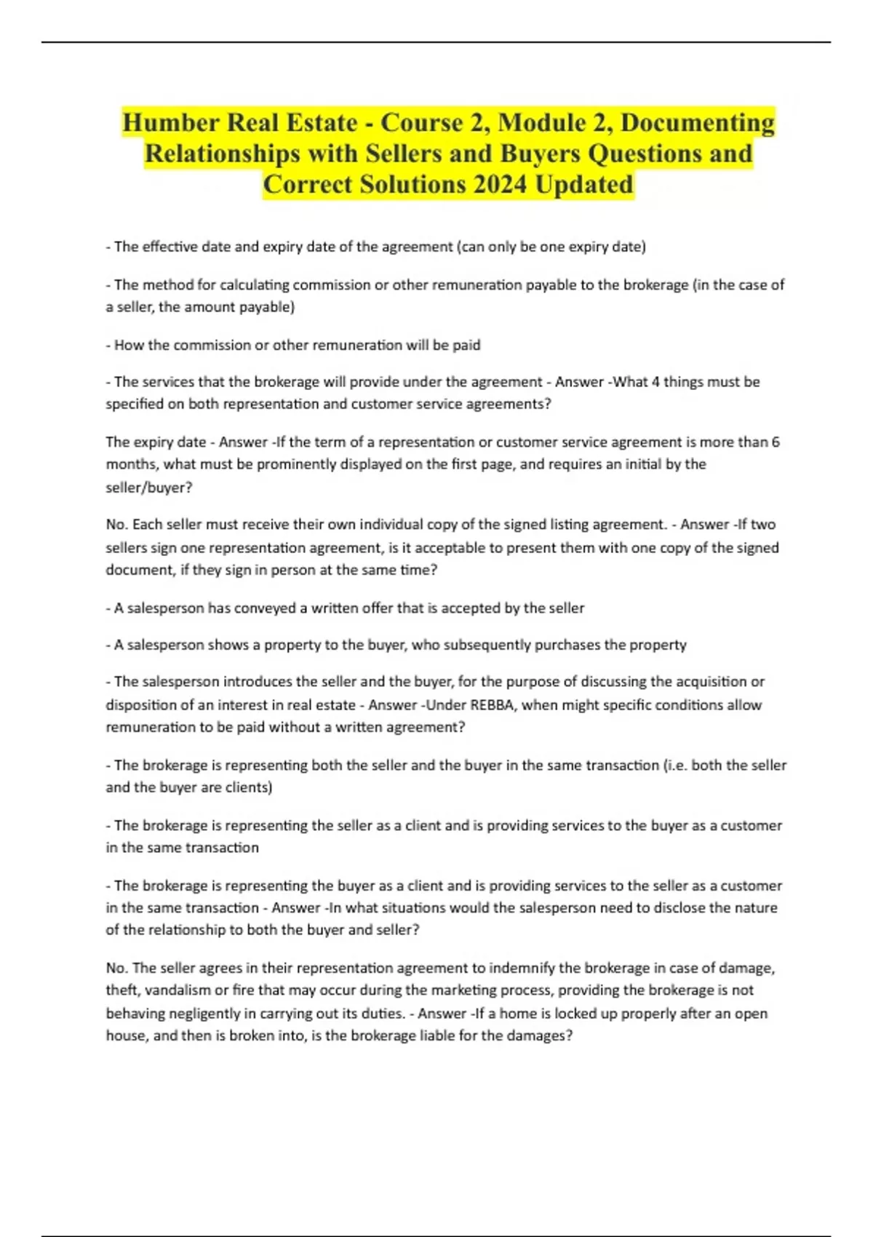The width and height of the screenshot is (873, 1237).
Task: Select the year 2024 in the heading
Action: click(499, 184)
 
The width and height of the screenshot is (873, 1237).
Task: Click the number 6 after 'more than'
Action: click(776, 442)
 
